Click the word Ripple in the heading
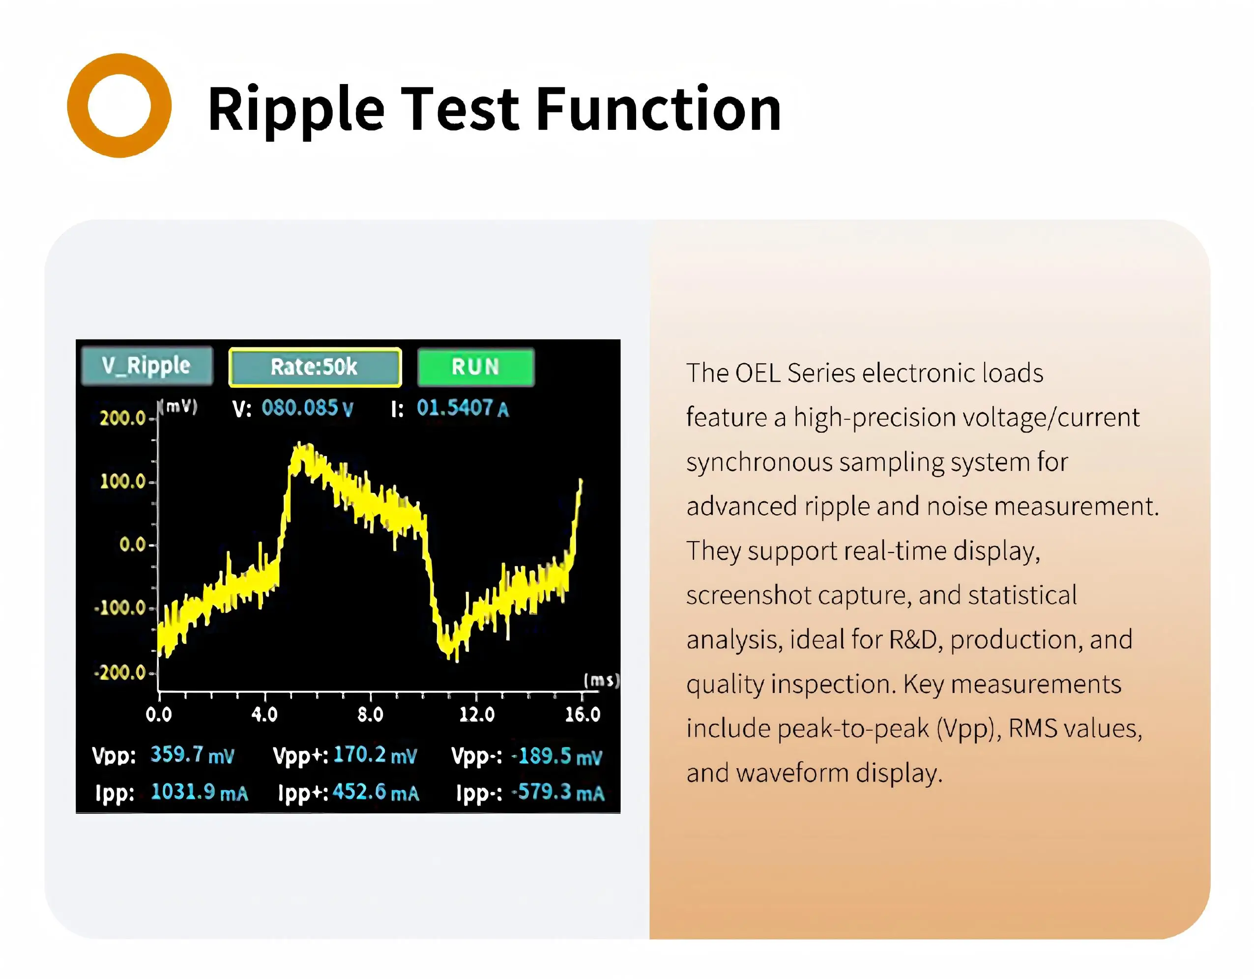click(x=296, y=110)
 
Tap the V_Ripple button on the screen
click(x=146, y=365)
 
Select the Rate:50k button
click(x=315, y=367)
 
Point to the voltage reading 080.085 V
click(x=307, y=408)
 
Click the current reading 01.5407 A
click(x=463, y=408)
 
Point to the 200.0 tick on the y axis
click(x=123, y=418)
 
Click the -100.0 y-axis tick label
click(x=120, y=607)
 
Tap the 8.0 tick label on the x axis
click(x=370, y=714)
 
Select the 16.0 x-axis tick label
click(x=582, y=714)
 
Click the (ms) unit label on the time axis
click(x=601, y=680)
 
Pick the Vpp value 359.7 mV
click(x=192, y=755)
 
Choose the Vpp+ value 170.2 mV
click(x=376, y=755)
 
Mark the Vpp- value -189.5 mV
click(x=557, y=756)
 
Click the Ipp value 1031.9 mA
click(x=199, y=792)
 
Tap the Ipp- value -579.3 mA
click(x=558, y=793)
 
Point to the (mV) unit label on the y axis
click(x=178, y=406)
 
